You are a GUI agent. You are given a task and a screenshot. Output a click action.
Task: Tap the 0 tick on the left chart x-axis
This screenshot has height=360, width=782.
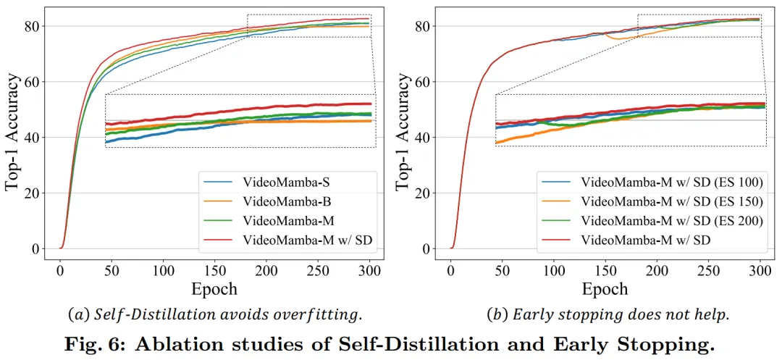pyautogui.click(x=60, y=268)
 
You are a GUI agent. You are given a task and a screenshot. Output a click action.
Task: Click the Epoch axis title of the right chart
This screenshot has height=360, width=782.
pyautogui.click(x=605, y=289)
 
